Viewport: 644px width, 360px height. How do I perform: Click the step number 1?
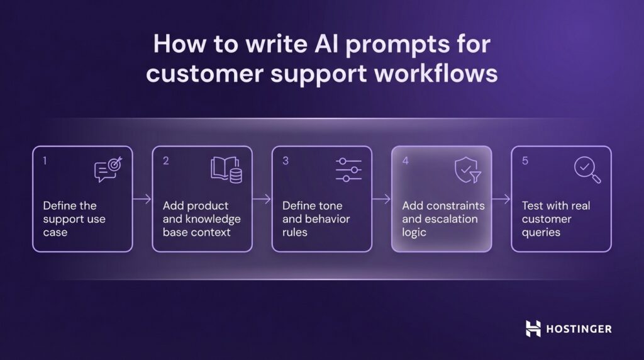point(45,160)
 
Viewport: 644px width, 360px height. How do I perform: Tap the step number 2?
point(166,160)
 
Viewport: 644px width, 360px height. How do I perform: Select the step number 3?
point(286,160)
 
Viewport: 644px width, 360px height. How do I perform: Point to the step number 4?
point(406,160)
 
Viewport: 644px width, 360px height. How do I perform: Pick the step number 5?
point(525,160)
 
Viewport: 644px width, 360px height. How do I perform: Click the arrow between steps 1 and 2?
point(142,200)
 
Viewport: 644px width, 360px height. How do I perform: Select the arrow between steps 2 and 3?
point(262,200)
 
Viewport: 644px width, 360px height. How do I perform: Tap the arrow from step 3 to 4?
point(381,200)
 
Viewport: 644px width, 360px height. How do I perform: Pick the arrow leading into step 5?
point(501,200)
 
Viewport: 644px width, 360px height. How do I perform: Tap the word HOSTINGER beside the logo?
point(579,329)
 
